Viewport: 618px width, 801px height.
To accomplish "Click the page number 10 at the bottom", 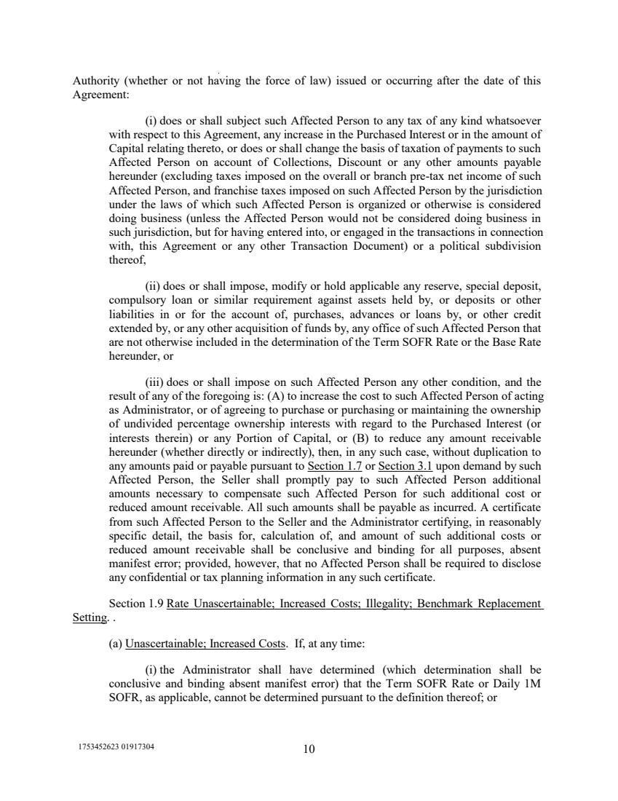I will click(x=309, y=750).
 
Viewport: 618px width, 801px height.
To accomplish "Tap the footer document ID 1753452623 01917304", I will click(x=116, y=748).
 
